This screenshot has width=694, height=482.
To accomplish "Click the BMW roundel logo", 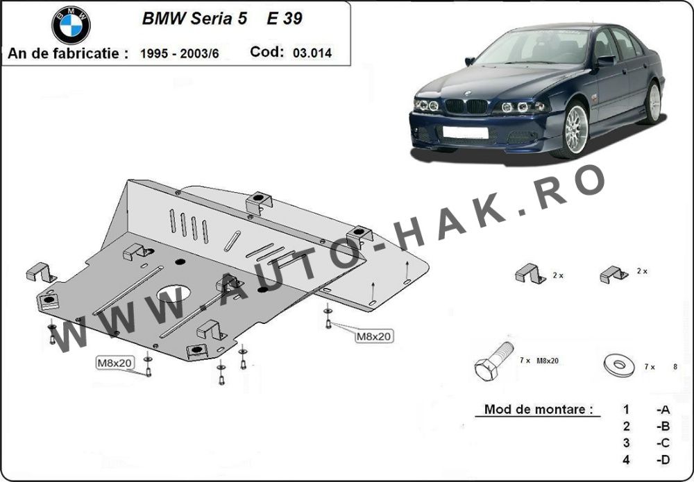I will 71,26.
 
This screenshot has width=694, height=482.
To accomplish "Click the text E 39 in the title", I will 285,19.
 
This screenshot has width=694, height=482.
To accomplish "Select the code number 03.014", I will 312,53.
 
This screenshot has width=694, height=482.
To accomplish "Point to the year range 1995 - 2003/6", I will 179,53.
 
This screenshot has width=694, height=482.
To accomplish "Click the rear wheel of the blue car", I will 652,103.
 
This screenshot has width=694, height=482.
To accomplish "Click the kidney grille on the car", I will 466,106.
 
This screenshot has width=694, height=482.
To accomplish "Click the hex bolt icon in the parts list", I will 492,361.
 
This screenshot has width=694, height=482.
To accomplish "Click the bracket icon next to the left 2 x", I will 530,275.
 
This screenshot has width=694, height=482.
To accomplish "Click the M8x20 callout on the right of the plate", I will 373,336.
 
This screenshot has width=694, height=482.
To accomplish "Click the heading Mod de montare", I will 534,409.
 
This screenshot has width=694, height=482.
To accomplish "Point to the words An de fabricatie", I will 67,53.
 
